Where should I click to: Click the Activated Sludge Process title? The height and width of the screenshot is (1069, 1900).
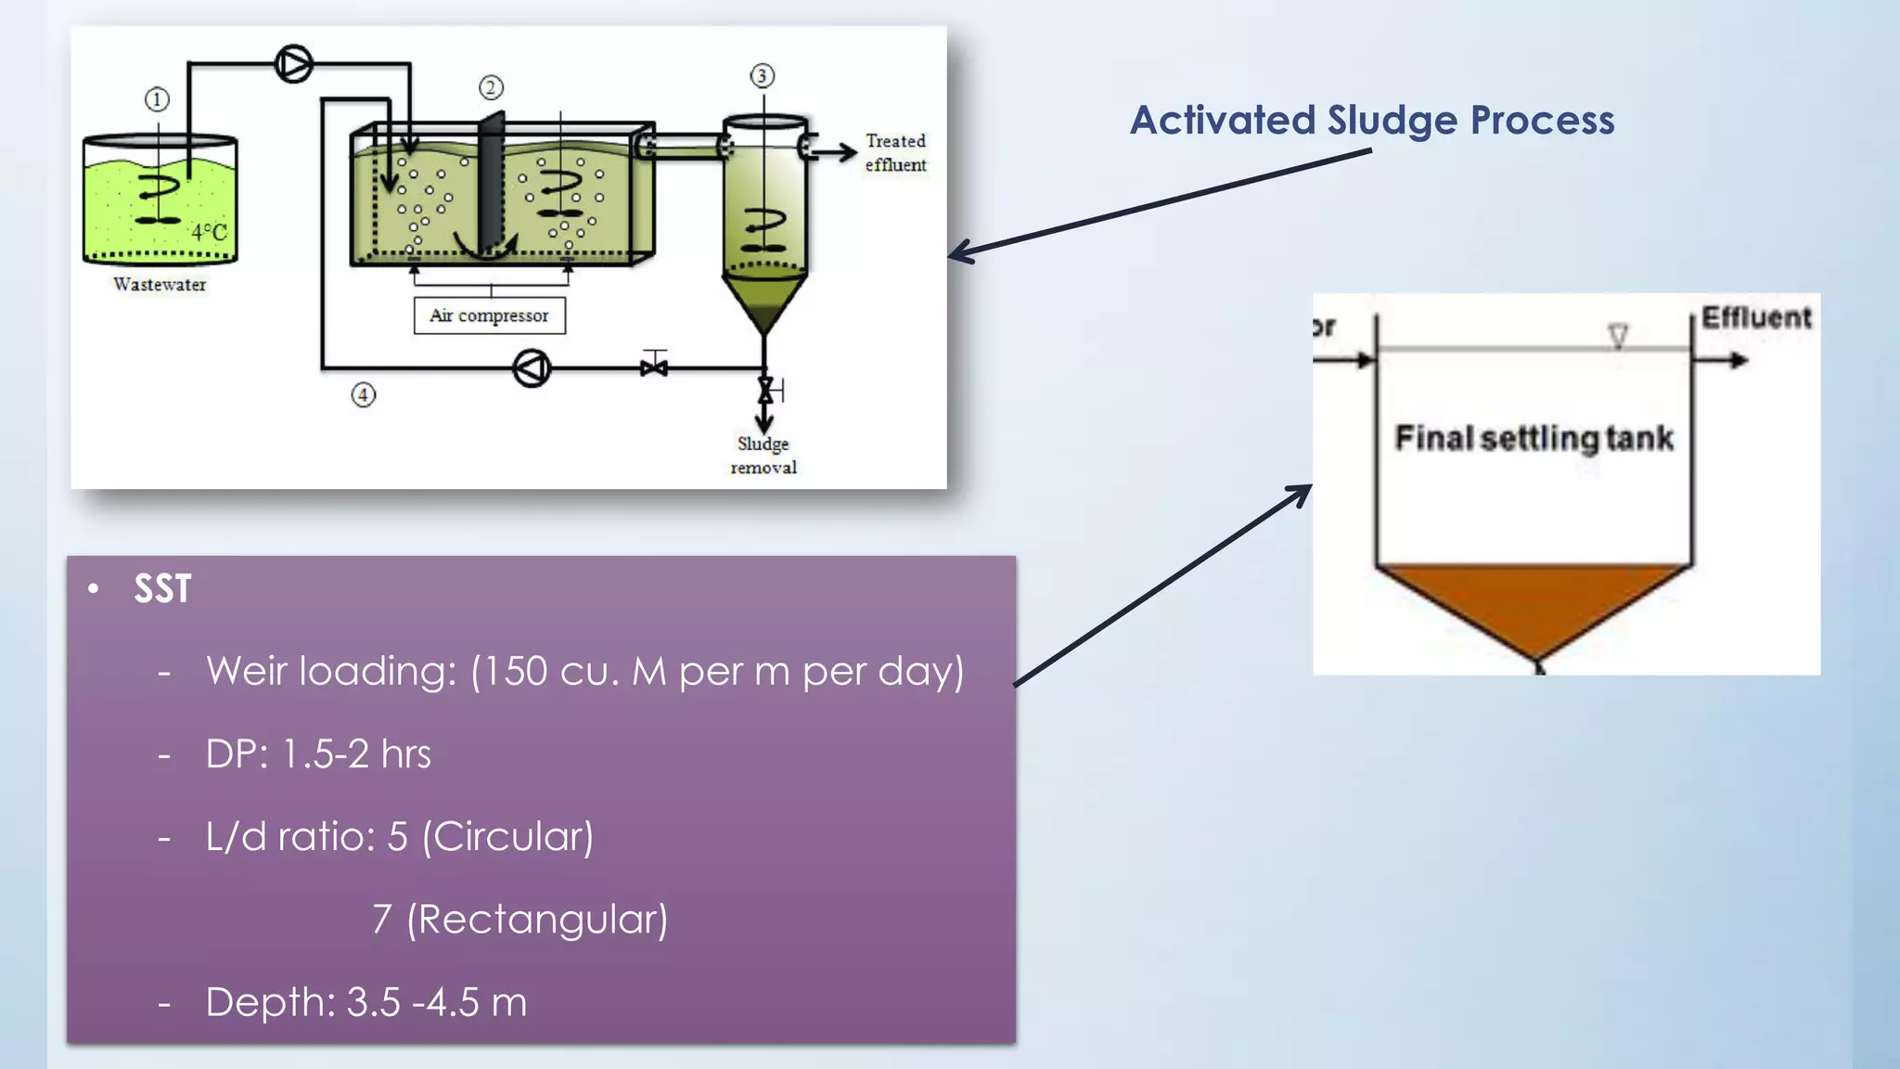1372,121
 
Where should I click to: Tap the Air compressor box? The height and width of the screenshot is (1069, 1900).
489,316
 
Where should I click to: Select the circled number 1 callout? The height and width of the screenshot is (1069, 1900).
157,99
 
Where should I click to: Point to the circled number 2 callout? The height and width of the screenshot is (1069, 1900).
491,87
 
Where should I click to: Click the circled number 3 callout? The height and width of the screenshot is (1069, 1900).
762,76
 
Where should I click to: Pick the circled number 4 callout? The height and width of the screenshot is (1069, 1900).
363,395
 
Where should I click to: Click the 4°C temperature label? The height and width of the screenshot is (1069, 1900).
209,232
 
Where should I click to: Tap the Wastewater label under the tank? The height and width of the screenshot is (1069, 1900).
160,285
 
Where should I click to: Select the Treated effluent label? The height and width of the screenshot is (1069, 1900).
895,153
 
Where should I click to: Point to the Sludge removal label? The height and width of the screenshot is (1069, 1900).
763,456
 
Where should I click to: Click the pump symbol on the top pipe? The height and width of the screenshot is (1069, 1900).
294,64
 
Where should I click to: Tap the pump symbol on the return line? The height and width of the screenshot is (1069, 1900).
532,368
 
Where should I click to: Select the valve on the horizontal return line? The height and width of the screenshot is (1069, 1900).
654,367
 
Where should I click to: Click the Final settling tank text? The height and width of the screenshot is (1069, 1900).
1534,438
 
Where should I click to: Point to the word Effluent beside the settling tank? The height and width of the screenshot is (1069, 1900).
1755,318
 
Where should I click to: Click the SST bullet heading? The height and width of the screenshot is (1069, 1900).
162,589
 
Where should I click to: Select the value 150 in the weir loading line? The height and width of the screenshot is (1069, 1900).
514,672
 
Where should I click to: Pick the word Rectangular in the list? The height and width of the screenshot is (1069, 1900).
537,921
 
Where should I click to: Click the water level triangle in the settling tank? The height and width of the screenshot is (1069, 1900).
1618,336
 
